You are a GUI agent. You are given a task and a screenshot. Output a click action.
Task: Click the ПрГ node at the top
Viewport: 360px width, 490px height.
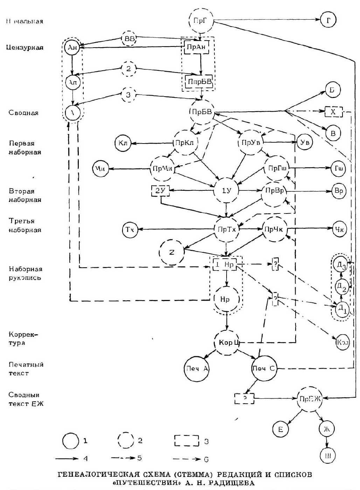click(200, 21)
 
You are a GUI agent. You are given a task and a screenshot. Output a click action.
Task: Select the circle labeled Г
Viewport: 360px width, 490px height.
click(328, 20)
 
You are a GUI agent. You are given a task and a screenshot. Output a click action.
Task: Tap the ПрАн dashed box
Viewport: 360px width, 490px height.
click(197, 47)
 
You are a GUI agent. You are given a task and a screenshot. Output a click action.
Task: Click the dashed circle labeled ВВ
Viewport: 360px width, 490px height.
click(129, 39)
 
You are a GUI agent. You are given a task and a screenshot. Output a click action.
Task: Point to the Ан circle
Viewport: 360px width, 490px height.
click(72, 48)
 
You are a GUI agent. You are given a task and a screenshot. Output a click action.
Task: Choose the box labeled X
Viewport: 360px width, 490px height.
click(333, 112)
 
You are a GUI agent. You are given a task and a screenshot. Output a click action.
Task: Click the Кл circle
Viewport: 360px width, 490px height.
click(123, 143)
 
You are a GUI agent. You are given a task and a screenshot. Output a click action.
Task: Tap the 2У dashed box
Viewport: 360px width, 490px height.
click(160, 191)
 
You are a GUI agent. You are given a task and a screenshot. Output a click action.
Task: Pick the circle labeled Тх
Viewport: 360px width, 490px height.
click(130, 230)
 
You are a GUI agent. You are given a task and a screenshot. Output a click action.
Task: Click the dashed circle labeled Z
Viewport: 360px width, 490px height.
click(172, 252)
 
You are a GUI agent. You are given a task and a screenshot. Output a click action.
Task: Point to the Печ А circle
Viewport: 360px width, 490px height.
click(196, 369)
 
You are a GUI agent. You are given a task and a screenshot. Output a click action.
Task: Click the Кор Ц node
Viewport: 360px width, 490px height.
click(227, 342)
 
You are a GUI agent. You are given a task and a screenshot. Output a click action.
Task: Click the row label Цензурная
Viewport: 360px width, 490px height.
click(25, 48)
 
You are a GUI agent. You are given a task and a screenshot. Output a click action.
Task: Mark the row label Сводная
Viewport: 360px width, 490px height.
click(23, 113)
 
